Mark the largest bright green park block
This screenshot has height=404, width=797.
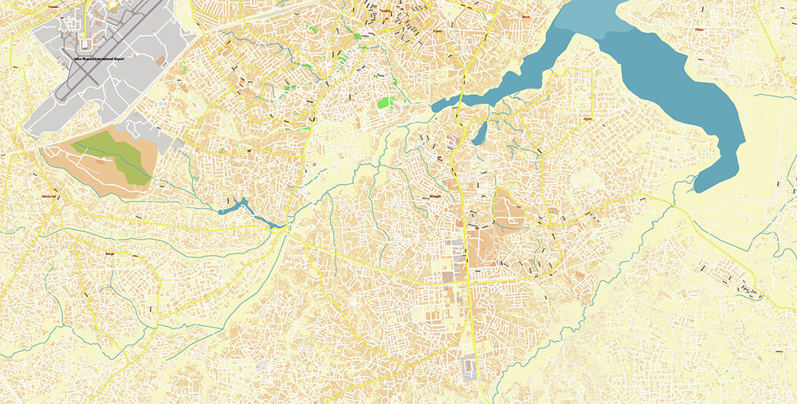coord(386,103)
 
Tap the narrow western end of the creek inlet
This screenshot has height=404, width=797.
coord(437,106)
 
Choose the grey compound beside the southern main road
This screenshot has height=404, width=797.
coord(469,368)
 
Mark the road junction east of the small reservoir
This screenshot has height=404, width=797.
coord(287,230)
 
